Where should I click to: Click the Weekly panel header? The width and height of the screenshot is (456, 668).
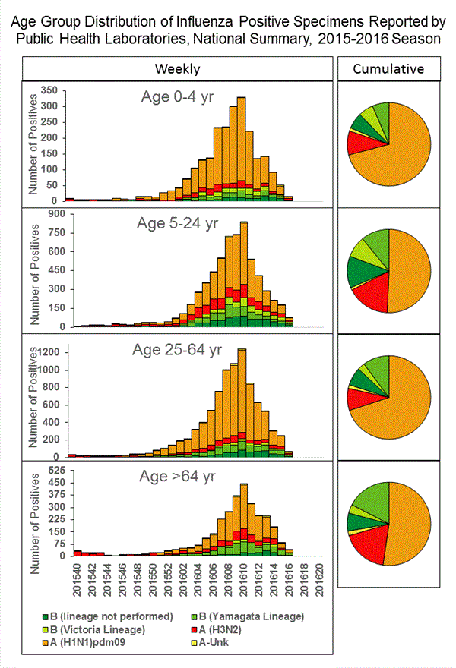177,69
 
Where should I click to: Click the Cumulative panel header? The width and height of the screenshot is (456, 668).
388,69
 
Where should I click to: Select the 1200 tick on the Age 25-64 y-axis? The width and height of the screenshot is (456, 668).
47,352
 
